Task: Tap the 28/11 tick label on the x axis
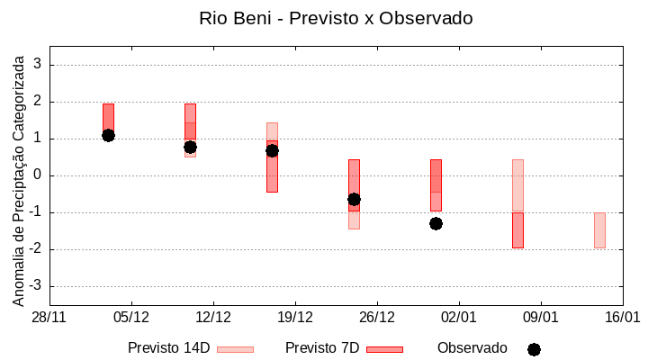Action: [49, 318]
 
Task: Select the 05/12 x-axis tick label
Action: [131, 318]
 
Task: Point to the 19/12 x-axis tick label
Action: [295, 318]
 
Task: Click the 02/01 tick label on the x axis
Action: [459, 318]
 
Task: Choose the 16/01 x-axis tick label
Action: [622, 318]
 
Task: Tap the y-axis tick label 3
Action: [39, 65]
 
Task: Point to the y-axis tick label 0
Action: [39, 175]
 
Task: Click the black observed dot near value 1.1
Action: [108, 135]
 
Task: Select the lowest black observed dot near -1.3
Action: [436, 223]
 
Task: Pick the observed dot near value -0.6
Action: [354, 199]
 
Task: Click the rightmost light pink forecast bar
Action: [599, 230]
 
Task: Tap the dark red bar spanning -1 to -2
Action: [517, 230]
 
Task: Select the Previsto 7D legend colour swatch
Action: [384, 349]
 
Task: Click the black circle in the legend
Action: [534, 349]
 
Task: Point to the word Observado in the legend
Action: [472, 348]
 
